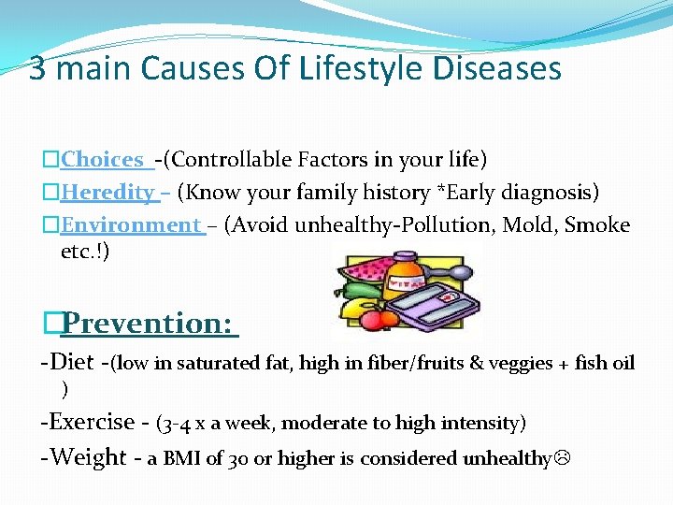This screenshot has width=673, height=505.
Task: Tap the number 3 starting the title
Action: point(36,68)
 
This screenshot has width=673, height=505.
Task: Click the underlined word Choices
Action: point(102,160)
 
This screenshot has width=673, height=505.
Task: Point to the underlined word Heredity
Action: point(107,193)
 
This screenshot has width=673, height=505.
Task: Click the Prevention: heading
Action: point(147,323)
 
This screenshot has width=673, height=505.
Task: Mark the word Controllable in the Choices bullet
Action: point(222,160)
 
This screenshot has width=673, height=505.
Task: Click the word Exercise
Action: point(93,422)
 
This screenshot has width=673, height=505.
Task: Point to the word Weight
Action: point(89,457)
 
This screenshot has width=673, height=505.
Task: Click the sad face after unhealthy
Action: point(561,458)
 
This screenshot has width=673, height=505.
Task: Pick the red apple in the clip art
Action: point(379,320)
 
